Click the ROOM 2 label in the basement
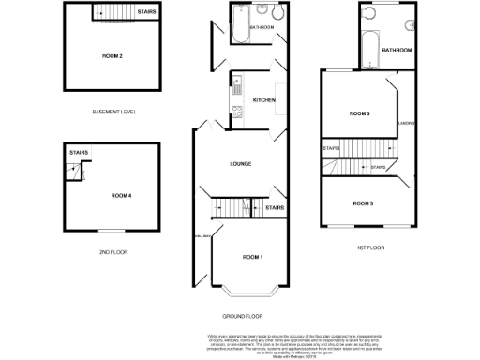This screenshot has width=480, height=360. [113, 56]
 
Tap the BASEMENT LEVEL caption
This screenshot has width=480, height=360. [113, 112]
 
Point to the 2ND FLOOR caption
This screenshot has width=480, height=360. [112, 252]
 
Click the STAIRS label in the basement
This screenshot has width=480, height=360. [146, 12]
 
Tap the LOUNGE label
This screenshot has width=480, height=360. [240, 164]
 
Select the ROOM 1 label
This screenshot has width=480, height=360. [252, 256]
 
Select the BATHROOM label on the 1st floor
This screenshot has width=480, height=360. [397, 50]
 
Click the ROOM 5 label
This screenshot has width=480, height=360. [361, 113]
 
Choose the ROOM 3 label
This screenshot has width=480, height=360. [364, 202]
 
